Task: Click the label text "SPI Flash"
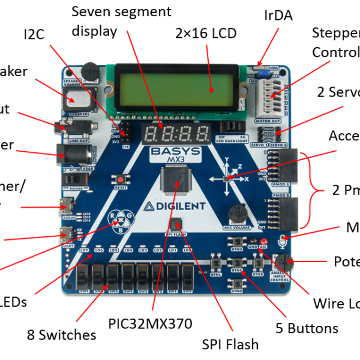231,344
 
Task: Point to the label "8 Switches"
62,334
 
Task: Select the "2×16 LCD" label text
206,33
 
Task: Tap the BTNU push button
237,241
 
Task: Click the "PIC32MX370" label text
151,324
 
